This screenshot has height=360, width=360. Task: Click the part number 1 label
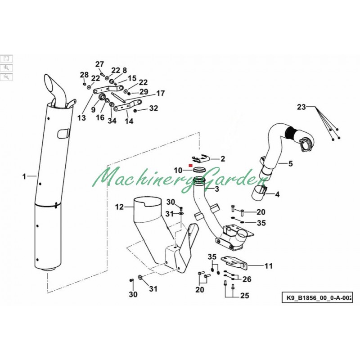point(24,176)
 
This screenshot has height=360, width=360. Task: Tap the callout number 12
point(119,207)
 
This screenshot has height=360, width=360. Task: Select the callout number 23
point(301,107)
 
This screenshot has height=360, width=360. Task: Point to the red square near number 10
point(190,165)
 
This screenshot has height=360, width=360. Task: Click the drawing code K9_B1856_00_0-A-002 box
point(317,298)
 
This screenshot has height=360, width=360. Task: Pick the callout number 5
point(290,164)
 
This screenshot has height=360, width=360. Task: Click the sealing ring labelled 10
point(199,170)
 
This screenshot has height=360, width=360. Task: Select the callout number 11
point(268,266)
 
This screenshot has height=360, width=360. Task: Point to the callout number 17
point(161,94)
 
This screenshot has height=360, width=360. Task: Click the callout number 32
point(153,108)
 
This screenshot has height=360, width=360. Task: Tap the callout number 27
point(99,64)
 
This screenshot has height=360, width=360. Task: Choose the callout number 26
point(247,279)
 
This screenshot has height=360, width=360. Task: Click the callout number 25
point(244,296)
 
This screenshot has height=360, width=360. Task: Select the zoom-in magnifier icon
point(6,68)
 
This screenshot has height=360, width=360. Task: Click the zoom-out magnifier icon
point(6,77)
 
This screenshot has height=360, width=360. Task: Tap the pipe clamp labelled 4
point(260,194)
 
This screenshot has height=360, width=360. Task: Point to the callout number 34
point(112,120)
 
